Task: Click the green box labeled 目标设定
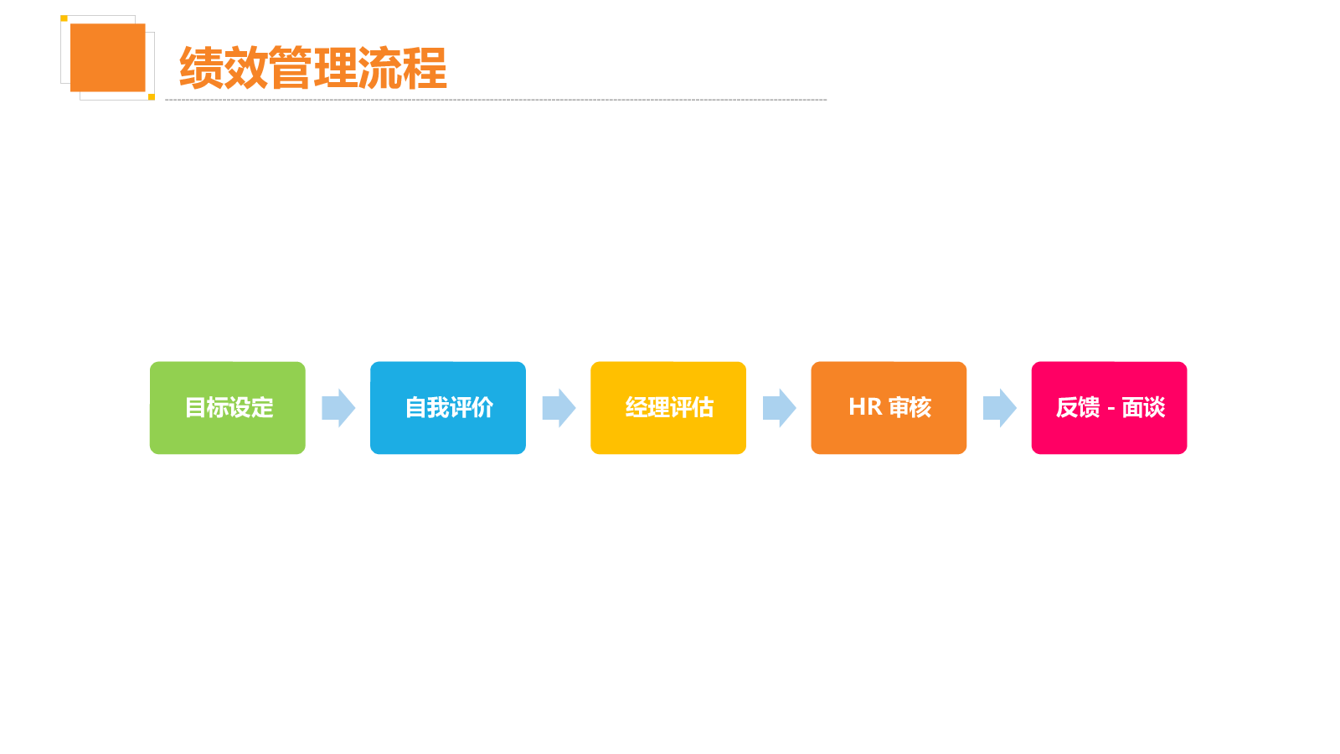(227, 407)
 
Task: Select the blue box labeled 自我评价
(448, 407)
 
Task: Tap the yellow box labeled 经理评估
(668, 407)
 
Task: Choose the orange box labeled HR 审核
(889, 407)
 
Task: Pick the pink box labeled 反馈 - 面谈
(1109, 407)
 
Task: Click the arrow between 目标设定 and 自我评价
(338, 407)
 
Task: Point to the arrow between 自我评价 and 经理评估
(559, 407)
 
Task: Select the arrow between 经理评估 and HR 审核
(780, 407)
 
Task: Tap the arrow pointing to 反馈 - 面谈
(1000, 407)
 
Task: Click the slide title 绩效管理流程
(313, 68)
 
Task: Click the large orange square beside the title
(108, 58)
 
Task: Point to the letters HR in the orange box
(865, 407)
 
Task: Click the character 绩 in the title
(201, 68)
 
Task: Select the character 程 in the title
(425, 68)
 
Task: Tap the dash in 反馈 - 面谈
(1111, 410)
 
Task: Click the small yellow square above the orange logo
(64, 18)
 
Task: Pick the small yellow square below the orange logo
(152, 97)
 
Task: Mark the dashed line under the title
(496, 100)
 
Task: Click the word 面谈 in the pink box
(1143, 407)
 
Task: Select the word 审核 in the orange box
(910, 407)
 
